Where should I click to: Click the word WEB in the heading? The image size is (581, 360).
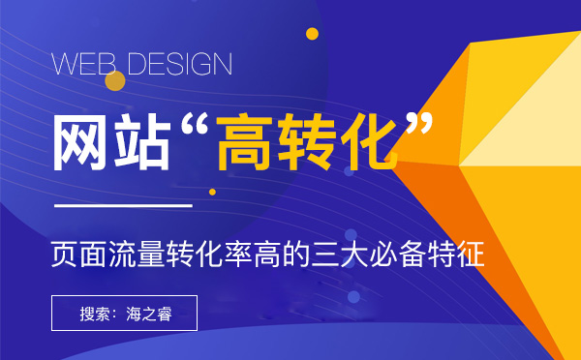tap(84, 65)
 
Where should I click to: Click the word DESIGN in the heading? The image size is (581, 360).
tap(179, 65)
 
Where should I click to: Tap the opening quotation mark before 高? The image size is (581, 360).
tap(193, 126)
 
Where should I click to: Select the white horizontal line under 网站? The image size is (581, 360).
tap(122, 206)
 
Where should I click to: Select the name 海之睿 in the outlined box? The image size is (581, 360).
tap(149, 314)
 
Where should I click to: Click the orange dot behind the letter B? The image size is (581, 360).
tap(115, 80)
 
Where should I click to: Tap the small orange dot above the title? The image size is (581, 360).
tap(312, 34)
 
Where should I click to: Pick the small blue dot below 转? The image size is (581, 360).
tap(350, 171)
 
